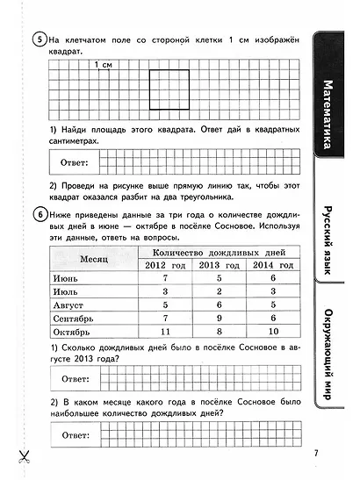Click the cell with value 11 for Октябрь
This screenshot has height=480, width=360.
(163, 333)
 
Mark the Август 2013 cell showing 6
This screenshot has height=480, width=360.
(220, 304)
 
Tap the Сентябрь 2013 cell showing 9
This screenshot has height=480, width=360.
(220, 319)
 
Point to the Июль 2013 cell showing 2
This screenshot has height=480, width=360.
(220, 291)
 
